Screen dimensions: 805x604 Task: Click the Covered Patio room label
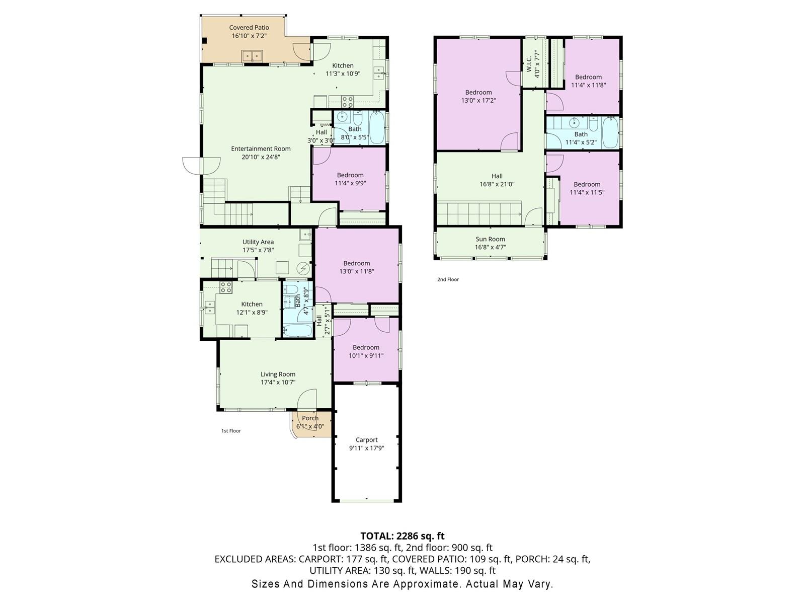tap(249, 28)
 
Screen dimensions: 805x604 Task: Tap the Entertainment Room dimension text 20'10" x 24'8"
tap(261, 157)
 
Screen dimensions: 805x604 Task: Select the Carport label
tap(366, 440)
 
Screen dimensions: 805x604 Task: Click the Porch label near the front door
tap(310, 418)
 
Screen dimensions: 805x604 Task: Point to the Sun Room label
tap(491, 239)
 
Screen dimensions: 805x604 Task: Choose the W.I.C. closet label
tap(529, 64)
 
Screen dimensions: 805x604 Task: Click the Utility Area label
tap(258, 242)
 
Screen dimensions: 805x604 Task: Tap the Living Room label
tap(278, 374)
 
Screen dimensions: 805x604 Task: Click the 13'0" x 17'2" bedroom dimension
tap(478, 101)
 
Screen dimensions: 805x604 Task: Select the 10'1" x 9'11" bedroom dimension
tap(366, 356)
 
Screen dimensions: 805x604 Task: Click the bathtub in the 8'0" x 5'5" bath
tap(377, 128)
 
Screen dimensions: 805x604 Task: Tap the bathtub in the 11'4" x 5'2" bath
tap(610, 132)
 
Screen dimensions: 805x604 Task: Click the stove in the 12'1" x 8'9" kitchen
tap(226, 287)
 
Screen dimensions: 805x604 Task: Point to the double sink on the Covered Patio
tap(252, 56)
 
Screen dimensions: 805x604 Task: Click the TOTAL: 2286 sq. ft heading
tap(403, 536)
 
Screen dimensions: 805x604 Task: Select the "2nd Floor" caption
tap(448, 279)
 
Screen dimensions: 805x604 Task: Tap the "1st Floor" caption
tap(231, 431)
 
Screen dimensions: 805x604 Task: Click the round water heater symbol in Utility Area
tap(303, 269)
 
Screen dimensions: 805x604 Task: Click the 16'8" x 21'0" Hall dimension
tap(497, 184)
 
